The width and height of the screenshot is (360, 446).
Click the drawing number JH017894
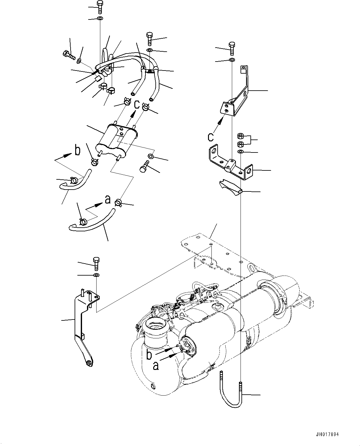pyautogui.click(x=327, y=435)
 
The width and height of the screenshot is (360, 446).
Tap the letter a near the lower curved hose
pyautogui.click(x=107, y=200)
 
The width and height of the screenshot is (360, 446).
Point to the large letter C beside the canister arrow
pyautogui.click(x=137, y=105)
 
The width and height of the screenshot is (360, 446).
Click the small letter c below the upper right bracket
pyautogui.click(x=211, y=136)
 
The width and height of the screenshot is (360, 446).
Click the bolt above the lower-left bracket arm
pyautogui.click(x=96, y=263)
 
